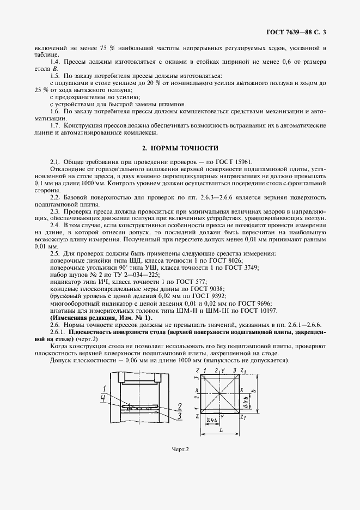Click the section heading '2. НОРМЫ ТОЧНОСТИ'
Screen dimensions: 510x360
click(x=180, y=148)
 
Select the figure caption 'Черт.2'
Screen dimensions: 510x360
click(x=180, y=450)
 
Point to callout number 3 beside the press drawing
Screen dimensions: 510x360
click(x=179, y=415)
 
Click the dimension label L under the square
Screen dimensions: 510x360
click(x=221, y=430)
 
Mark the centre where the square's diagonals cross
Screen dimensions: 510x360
click(x=221, y=393)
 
